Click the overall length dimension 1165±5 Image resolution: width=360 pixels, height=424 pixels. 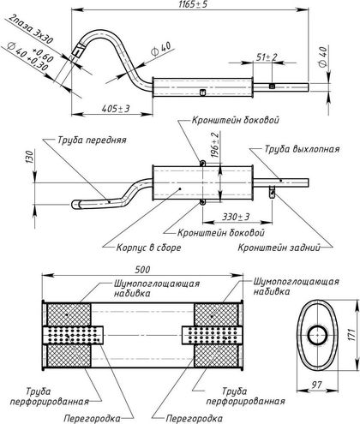click(x=193, y=4)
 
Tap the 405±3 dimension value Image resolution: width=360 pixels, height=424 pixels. click(x=116, y=109)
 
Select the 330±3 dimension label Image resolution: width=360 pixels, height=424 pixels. click(x=236, y=217)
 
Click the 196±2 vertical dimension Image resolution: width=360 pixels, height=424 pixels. click(x=214, y=145)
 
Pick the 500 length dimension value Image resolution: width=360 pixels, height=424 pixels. click(x=142, y=270)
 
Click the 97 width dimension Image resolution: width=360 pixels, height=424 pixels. click(x=317, y=385)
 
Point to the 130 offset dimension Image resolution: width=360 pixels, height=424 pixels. click(x=29, y=157)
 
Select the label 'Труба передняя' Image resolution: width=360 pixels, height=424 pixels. click(x=92, y=140)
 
